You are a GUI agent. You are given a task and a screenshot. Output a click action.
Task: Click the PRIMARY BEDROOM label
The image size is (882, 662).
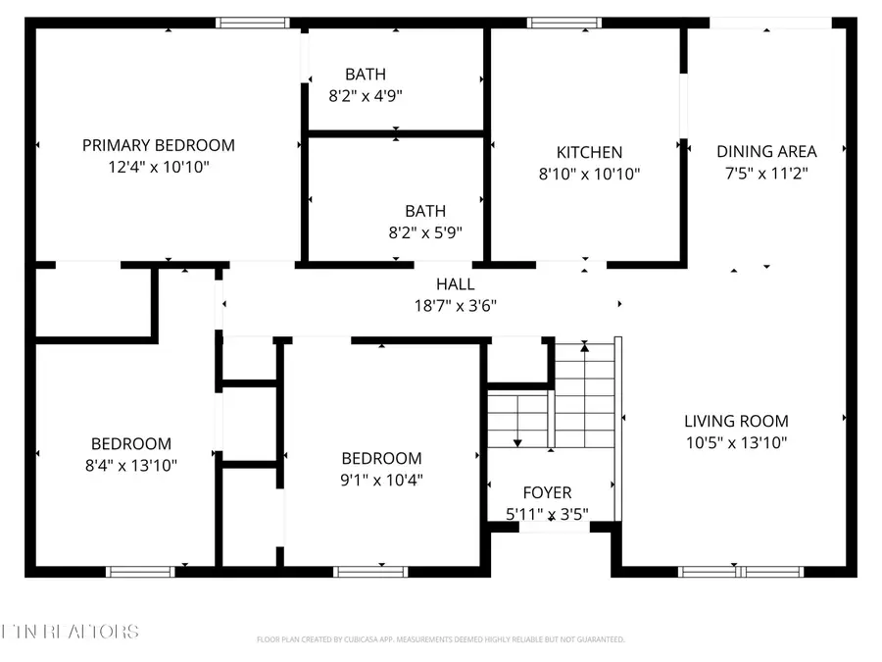(158, 145)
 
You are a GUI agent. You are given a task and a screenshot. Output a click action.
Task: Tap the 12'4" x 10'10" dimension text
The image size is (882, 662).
(158, 168)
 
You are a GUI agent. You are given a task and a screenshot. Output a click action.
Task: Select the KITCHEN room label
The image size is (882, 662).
(589, 152)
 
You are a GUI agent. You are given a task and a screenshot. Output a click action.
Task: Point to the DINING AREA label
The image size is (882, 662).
(766, 151)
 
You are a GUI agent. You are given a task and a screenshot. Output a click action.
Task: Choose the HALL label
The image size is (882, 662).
(455, 283)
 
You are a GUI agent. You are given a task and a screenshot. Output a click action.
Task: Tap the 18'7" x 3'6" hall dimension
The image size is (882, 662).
(455, 305)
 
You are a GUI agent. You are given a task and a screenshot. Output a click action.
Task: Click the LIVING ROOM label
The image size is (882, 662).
(736, 421)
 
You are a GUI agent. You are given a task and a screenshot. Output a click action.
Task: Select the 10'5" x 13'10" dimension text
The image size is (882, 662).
(736, 442)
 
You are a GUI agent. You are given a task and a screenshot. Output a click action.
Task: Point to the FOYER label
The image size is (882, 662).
(547, 492)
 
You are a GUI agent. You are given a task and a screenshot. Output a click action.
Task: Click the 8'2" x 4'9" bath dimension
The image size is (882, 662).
(366, 96)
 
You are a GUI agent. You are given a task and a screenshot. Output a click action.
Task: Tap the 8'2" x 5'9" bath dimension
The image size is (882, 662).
(425, 232)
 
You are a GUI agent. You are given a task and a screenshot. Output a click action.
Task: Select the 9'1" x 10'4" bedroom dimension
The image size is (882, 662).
(381, 481)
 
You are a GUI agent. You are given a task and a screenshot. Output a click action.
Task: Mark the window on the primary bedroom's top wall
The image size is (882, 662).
(252, 22)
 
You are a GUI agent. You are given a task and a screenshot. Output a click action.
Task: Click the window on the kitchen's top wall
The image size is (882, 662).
(563, 22)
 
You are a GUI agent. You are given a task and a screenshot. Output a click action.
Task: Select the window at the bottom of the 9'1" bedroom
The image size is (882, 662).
(370, 571)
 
